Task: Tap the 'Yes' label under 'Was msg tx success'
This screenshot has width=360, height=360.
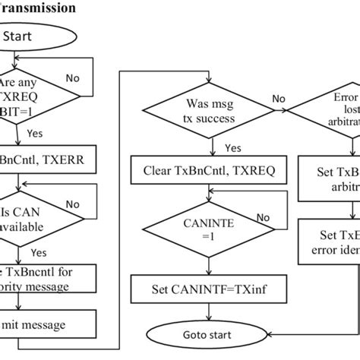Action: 232,148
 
